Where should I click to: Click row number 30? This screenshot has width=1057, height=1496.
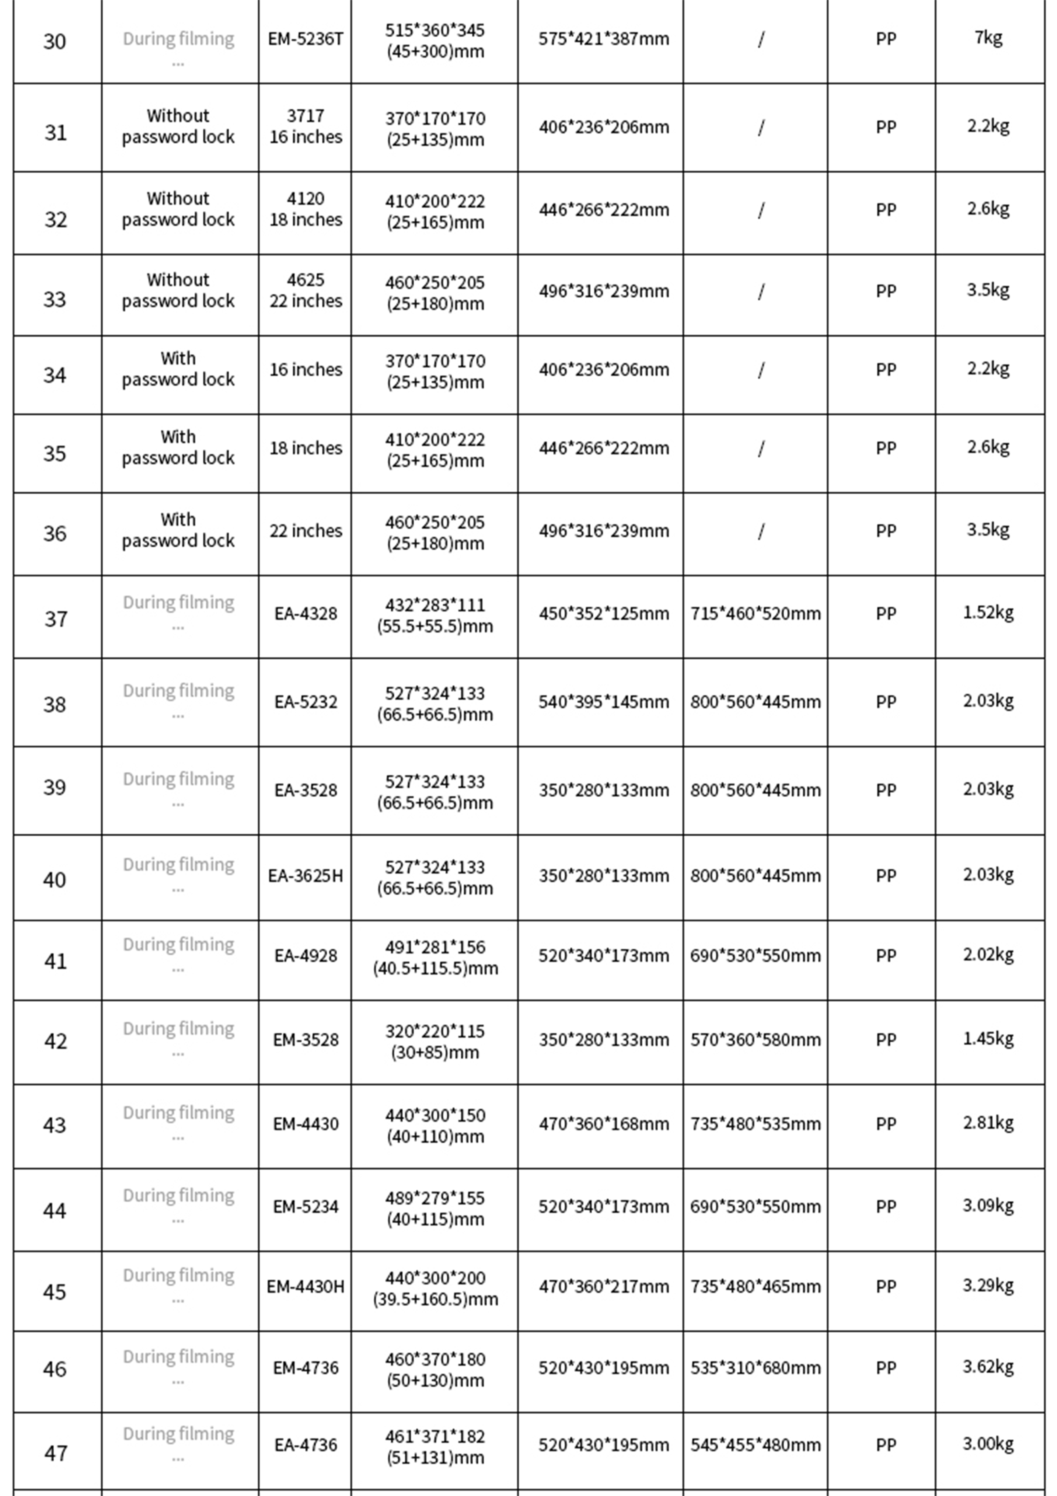click(x=55, y=41)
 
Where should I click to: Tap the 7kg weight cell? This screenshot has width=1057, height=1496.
click(x=988, y=38)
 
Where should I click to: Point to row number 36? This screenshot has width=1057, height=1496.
click(x=55, y=533)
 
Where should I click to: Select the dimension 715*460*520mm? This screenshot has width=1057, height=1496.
click(x=755, y=614)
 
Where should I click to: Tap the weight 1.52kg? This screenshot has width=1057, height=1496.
click(x=988, y=612)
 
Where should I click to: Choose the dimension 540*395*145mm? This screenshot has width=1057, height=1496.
click(x=603, y=702)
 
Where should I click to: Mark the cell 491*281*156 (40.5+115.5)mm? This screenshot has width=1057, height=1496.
click(x=435, y=957)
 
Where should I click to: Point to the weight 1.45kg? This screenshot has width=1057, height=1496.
click(x=988, y=1038)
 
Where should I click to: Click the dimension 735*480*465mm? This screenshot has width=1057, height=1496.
click(x=755, y=1287)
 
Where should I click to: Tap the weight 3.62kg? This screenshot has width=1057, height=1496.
click(x=988, y=1366)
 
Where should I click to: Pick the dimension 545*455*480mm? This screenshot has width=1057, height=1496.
click(x=755, y=1445)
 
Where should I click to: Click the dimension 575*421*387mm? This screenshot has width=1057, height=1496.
click(x=603, y=39)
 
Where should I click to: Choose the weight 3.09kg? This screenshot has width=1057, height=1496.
click(x=988, y=1206)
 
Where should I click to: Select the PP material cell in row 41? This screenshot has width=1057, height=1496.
click(x=885, y=956)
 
